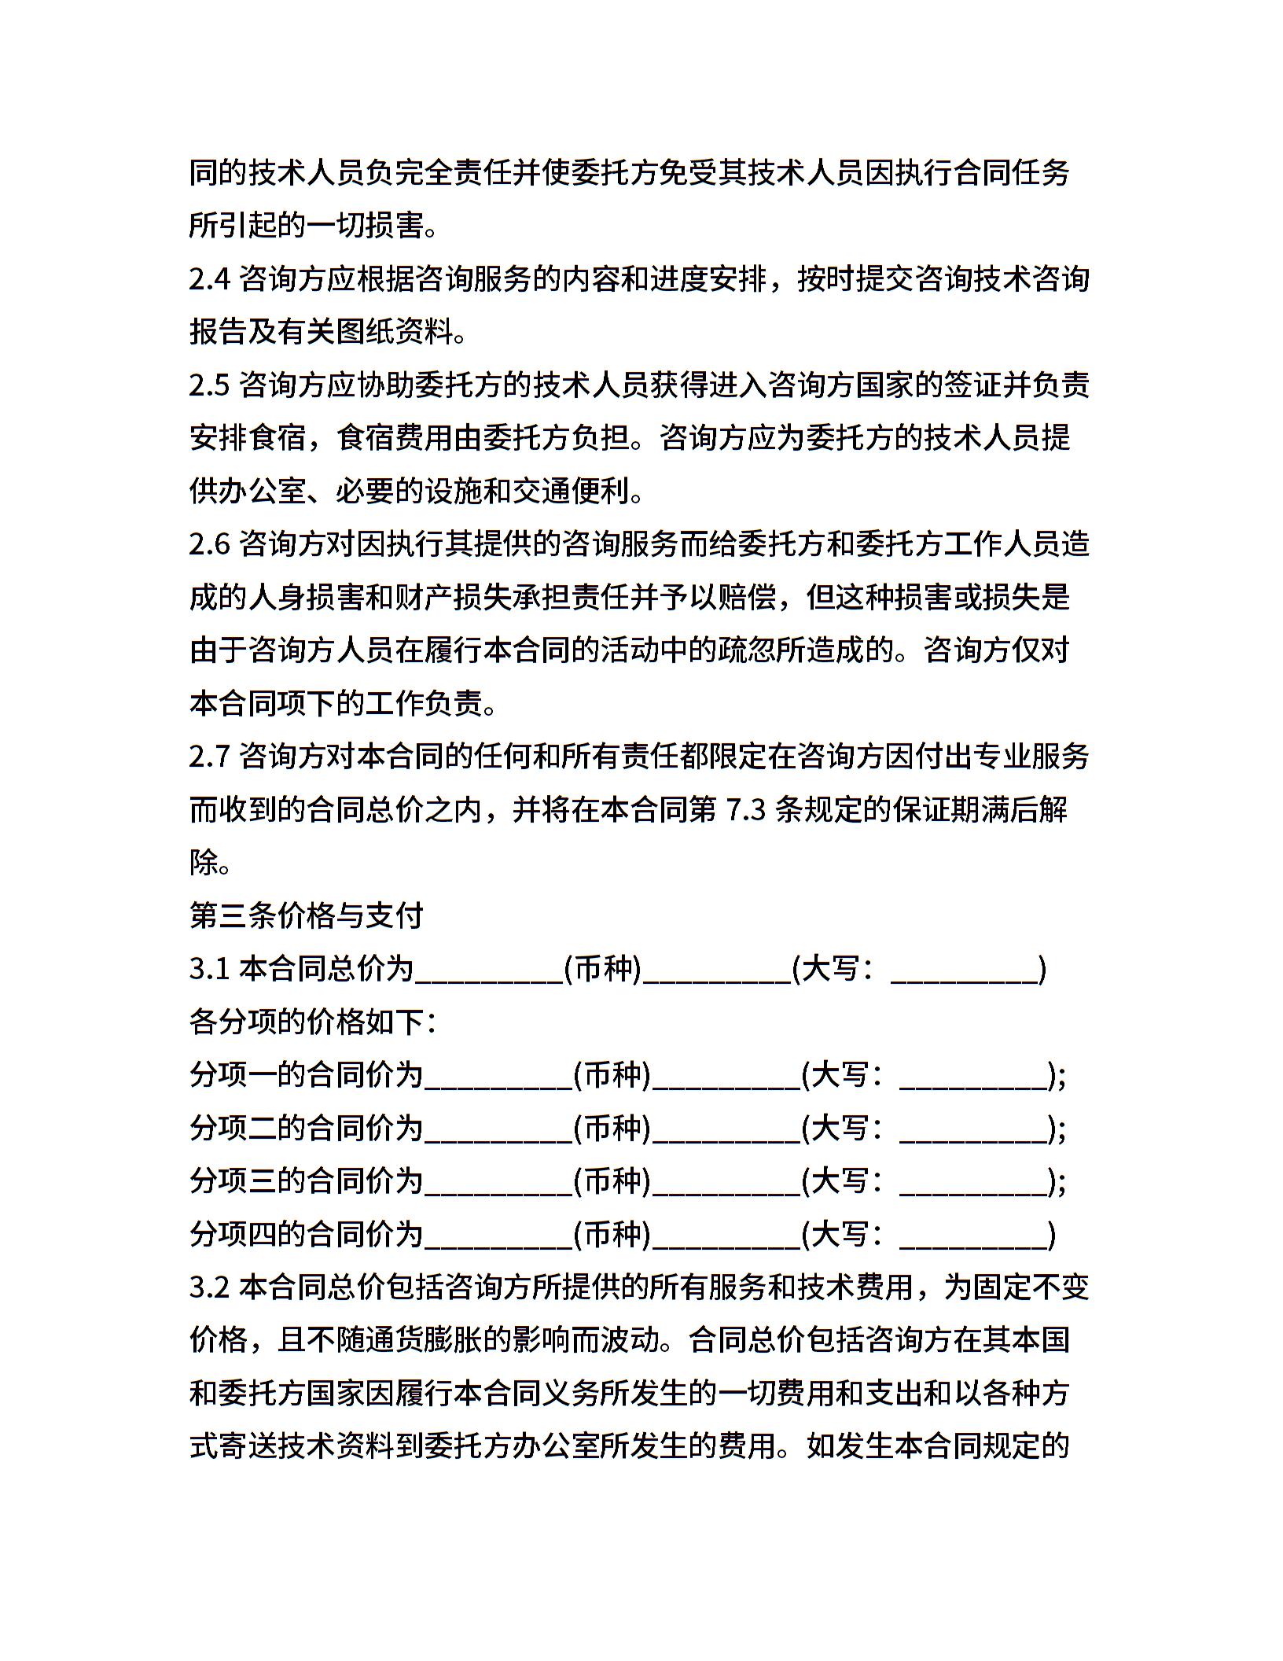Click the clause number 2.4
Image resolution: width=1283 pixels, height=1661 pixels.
tap(209, 279)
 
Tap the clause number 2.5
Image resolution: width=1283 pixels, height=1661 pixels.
tap(209, 385)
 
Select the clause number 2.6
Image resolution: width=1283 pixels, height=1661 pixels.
tap(209, 544)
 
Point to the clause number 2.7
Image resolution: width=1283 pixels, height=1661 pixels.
tap(209, 757)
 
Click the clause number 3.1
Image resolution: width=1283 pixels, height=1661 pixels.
tap(209, 969)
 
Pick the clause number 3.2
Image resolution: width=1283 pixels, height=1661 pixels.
tap(209, 1287)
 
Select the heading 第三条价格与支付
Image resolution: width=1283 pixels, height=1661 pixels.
tap(307, 915)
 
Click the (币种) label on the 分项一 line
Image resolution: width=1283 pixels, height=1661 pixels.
tap(612, 1075)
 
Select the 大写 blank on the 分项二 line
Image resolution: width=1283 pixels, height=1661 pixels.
tap(974, 1135)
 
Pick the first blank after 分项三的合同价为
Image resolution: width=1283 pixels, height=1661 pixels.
tap(498, 1188)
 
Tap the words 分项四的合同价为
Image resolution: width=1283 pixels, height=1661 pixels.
tap(307, 1234)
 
